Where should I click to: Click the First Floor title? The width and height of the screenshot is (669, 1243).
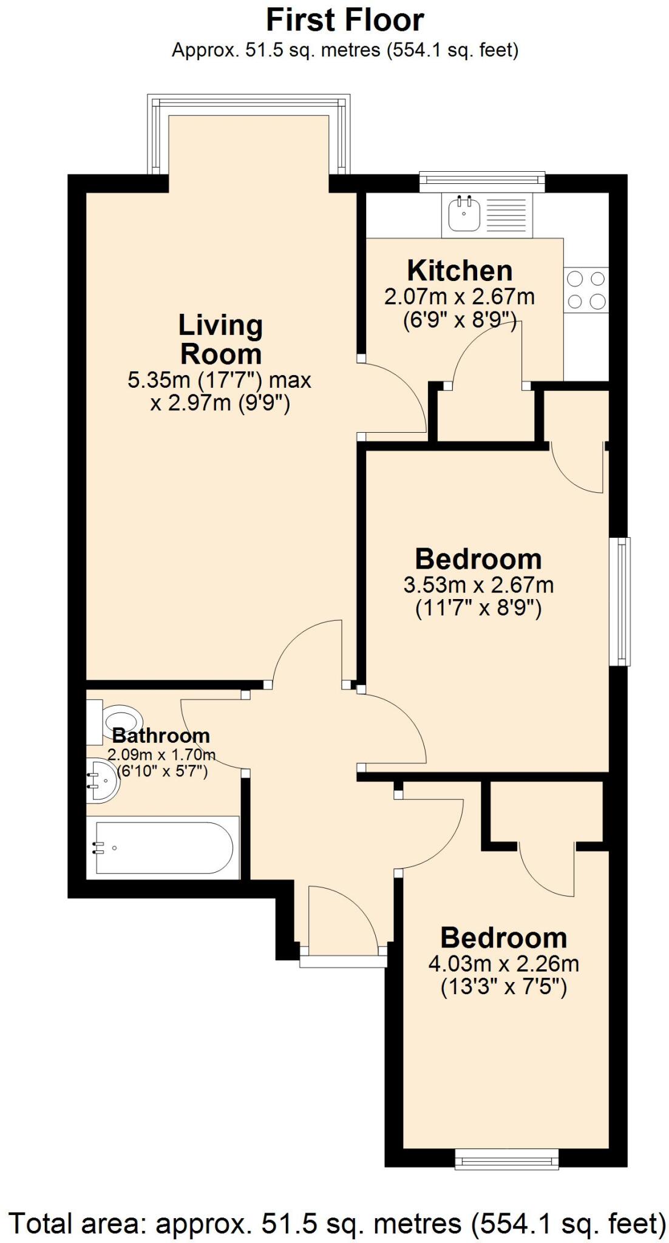tap(344, 21)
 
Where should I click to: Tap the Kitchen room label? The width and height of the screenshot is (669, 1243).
tap(460, 271)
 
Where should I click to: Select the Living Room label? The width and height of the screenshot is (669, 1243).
tap(220, 340)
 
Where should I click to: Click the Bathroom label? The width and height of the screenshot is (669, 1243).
tap(161, 736)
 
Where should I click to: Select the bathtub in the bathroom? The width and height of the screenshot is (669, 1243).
tap(163, 847)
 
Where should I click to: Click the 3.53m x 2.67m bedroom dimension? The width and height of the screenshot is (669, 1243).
tap(478, 586)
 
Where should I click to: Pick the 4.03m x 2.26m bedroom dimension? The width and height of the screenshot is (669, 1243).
tap(503, 964)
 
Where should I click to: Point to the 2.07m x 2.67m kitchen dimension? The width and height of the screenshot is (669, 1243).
tap(460, 297)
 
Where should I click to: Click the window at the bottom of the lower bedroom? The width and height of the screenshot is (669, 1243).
tap(507, 1162)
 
